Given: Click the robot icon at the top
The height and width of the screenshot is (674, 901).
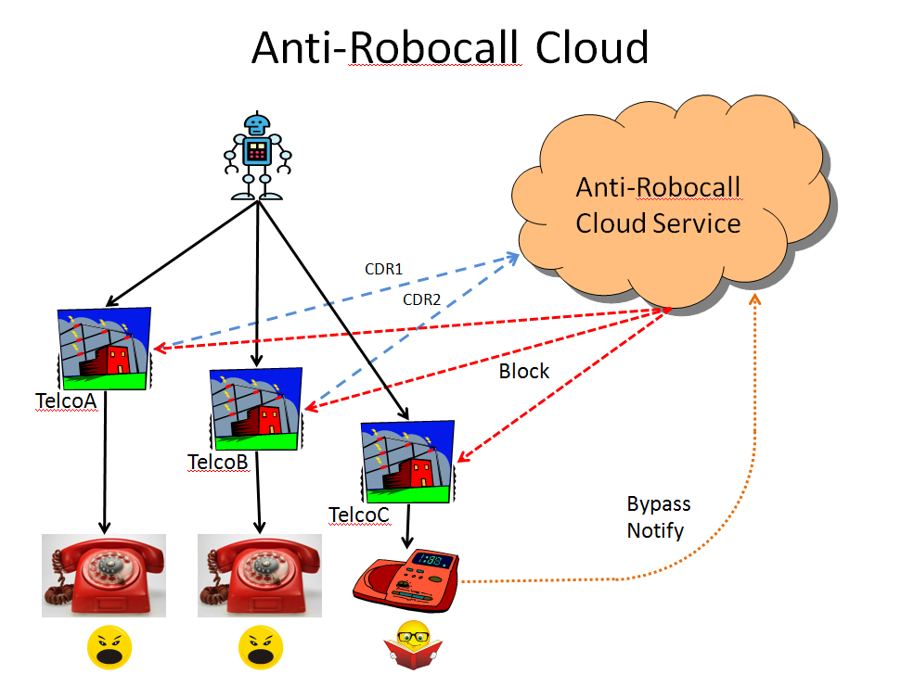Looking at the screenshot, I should pyautogui.click(x=257, y=155).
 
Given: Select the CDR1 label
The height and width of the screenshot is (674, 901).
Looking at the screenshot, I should pyautogui.click(x=384, y=270).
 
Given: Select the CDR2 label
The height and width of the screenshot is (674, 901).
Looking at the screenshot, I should pyautogui.click(x=420, y=299).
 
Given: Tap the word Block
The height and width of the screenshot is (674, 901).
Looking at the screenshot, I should pyautogui.click(x=524, y=372).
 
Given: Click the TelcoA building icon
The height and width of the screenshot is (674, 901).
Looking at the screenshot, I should pyautogui.click(x=105, y=348).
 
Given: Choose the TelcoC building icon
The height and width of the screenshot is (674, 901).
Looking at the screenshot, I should pyautogui.click(x=408, y=460).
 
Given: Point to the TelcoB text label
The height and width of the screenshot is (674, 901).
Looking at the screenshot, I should pyautogui.click(x=218, y=462).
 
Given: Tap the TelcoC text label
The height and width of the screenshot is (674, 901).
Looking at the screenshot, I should pyautogui.click(x=359, y=513).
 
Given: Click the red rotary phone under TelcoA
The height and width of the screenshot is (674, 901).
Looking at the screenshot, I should pyautogui.click(x=104, y=575).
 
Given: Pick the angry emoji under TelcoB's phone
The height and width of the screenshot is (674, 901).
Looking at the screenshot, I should pyautogui.click(x=260, y=646).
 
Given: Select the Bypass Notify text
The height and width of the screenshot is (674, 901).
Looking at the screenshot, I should pyautogui.click(x=658, y=517).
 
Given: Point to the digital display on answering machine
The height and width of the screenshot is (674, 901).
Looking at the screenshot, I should pyautogui.click(x=432, y=560).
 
